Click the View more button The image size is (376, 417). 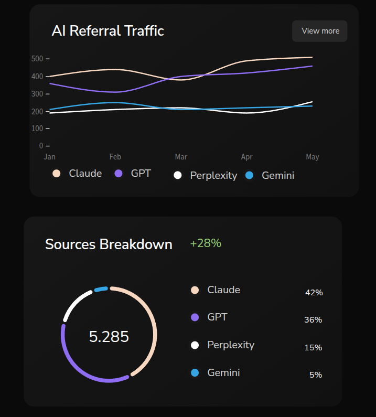320,31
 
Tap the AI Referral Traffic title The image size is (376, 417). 108,31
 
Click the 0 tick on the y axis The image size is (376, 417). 41,145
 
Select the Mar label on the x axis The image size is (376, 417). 181,157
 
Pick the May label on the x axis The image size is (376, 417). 313,157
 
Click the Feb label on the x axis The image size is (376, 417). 115,157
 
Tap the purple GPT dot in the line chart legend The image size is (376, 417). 119,174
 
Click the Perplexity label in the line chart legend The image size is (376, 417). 213,176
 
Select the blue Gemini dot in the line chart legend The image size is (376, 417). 250,175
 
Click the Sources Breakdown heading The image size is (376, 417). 109,244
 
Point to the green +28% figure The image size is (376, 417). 206,243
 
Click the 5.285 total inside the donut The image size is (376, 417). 109,337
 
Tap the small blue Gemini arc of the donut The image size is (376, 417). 101,289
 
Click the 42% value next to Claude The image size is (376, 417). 314,293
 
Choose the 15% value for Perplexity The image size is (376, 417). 313,348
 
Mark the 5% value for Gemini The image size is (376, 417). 316,375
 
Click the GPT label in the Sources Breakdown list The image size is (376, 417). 217,317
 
